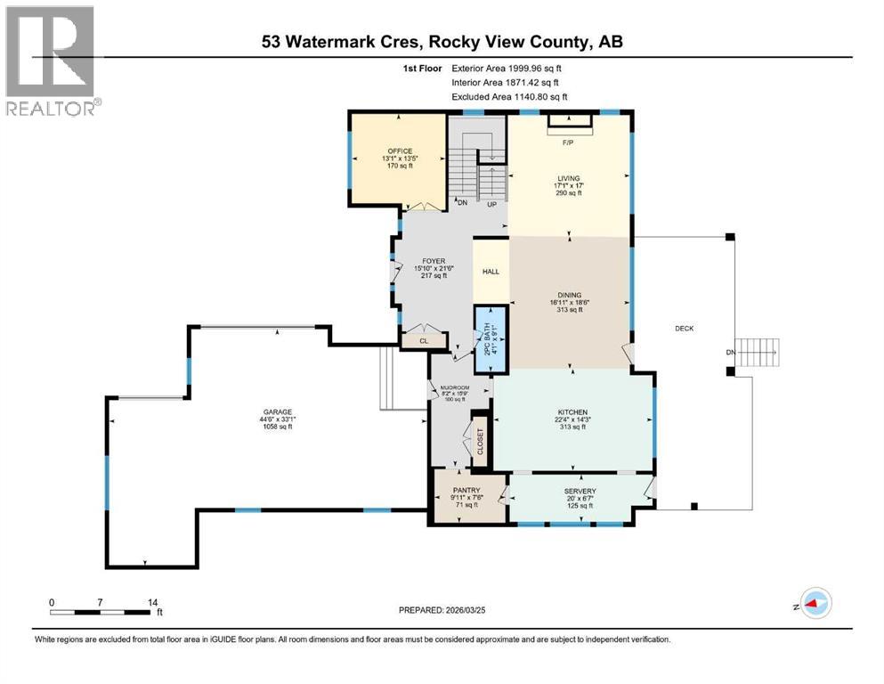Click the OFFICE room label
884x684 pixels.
393,151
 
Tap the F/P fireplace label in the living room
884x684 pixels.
566,142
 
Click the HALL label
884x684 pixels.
491,272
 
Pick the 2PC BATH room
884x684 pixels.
489,338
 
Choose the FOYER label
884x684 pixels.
434,262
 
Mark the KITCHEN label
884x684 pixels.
573,411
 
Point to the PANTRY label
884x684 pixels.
466,491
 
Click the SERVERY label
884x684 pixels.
580,492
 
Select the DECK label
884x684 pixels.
684,329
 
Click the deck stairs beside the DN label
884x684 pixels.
762,353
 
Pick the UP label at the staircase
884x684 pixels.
491,204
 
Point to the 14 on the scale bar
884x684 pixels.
152,602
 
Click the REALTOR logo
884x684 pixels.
50,62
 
